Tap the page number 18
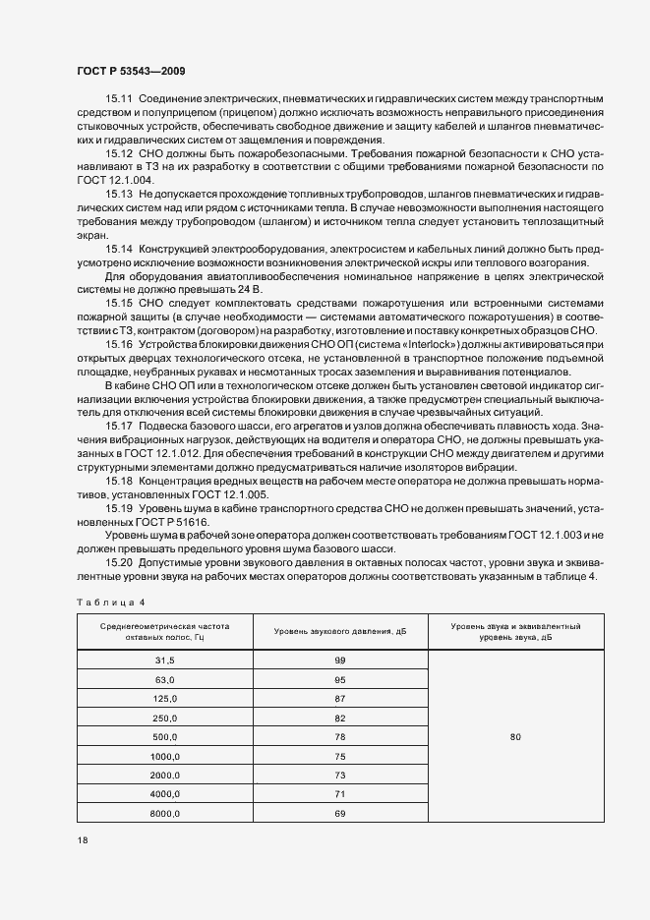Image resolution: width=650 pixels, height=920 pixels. [x=83, y=840]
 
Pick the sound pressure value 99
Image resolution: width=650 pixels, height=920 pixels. [x=340, y=661]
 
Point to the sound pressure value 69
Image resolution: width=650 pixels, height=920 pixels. [x=340, y=814]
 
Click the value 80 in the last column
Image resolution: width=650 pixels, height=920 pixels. [x=515, y=737]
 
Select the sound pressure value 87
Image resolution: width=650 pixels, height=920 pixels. [x=340, y=699]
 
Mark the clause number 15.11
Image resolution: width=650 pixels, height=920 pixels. [x=119, y=100]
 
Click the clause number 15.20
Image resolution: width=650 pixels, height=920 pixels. [x=119, y=561]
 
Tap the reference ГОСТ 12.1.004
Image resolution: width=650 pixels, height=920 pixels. [x=116, y=181]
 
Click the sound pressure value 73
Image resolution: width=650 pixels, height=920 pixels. [x=340, y=776]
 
